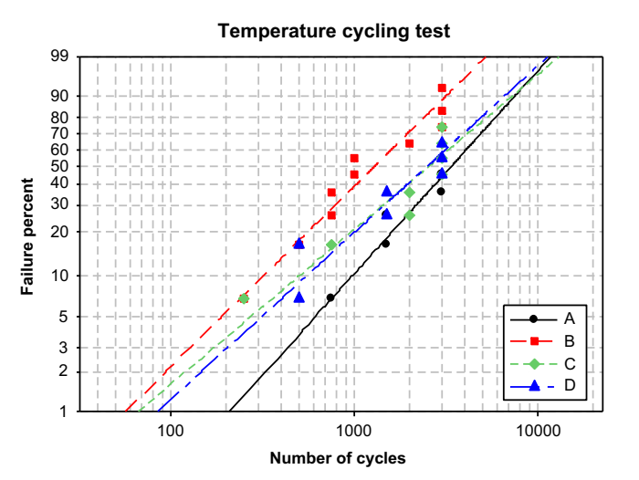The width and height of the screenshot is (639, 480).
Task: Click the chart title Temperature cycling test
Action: (333, 31)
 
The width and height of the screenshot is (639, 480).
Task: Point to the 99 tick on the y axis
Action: (62, 57)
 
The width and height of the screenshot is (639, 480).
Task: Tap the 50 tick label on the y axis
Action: (62, 166)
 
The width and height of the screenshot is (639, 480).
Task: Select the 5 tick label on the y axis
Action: (66, 317)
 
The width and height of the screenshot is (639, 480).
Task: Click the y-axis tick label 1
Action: (66, 411)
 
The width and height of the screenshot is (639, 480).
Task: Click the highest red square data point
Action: (442, 89)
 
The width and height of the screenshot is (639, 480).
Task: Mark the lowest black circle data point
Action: (330, 297)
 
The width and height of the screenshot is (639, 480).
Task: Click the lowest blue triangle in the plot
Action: (299, 297)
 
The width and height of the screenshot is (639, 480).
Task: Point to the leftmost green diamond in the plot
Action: (244, 298)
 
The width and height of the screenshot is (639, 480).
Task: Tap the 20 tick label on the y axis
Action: (62, 232)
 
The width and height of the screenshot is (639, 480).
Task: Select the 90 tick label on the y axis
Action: (62, 96)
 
